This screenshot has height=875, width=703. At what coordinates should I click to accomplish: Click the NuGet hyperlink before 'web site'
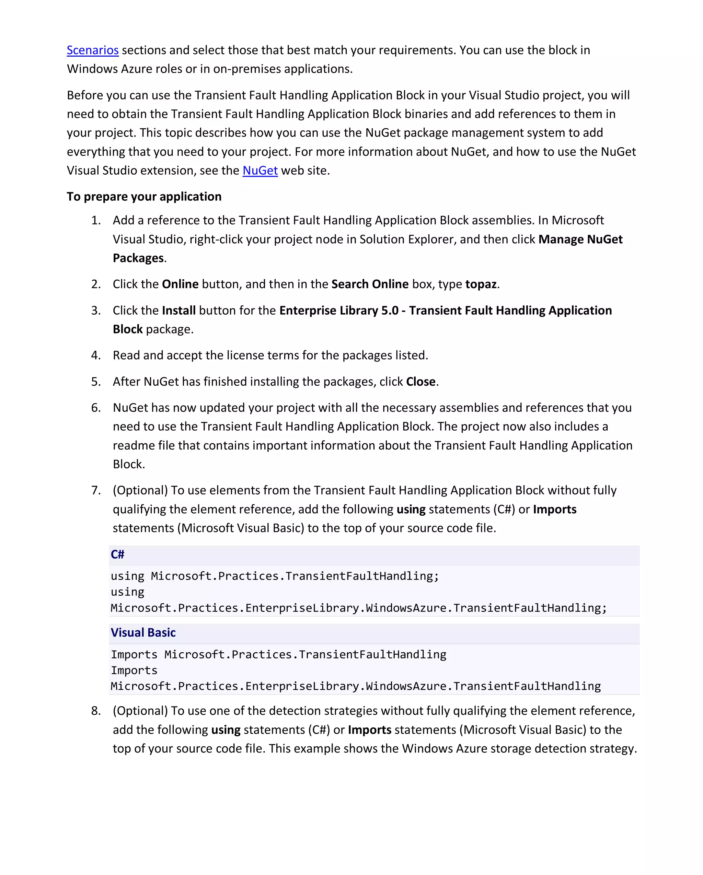click(260, 171)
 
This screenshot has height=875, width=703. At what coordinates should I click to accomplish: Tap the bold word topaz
click(481, 284)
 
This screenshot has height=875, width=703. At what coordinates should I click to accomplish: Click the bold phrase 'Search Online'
click(370, 284)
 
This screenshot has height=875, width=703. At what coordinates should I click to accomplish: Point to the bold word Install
click(178, 311)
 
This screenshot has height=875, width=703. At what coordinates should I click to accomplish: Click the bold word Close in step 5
click(420, 382)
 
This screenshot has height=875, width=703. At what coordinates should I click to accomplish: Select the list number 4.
click(96, 355)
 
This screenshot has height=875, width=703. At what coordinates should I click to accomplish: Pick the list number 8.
click(96, 711)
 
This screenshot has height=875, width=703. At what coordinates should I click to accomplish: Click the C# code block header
click(118, 555)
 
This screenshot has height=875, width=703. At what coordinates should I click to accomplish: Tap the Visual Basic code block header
click(143, 633)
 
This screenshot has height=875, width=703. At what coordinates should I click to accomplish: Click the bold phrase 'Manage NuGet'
click(580, 240)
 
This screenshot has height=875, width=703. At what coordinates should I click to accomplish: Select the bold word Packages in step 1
click(138, 258)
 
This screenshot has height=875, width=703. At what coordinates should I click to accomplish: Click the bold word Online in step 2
click(180, 284)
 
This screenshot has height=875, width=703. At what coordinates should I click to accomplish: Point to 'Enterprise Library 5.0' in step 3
click(339, 311)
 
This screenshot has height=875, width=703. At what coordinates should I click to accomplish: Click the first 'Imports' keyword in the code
click(134, 655)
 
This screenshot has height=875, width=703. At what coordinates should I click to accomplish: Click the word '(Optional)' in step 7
click(140, 490)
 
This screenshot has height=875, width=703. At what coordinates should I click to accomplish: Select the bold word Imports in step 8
click(369, 730)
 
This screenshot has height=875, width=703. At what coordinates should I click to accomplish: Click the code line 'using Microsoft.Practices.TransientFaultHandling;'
click(275, 576)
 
